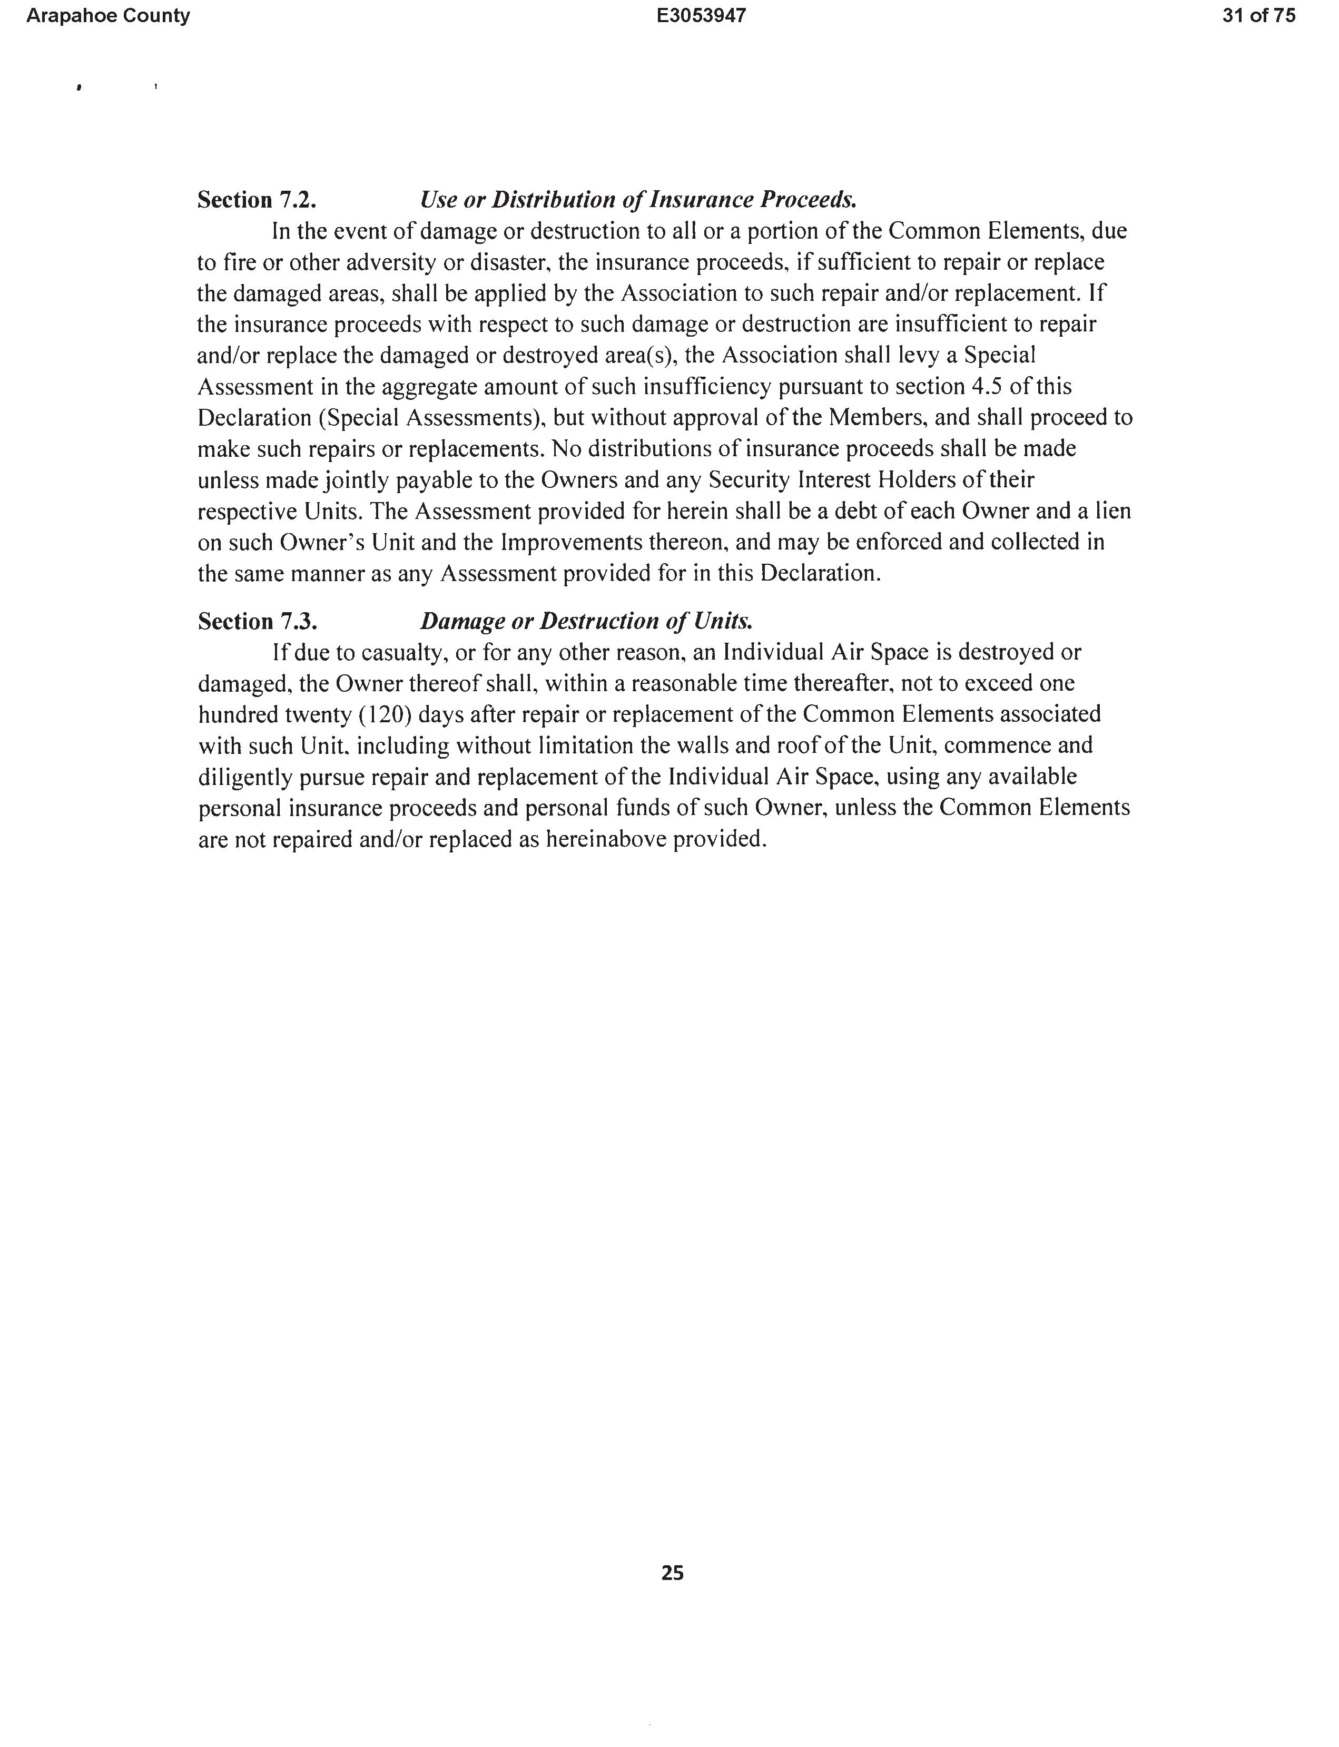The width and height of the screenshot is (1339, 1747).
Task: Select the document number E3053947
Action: click(x=702, y=16)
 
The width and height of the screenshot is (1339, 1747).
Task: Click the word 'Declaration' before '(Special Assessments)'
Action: click(x=253, y=418)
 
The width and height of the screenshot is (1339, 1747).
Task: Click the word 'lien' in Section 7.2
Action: click(x=1114, y=511)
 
